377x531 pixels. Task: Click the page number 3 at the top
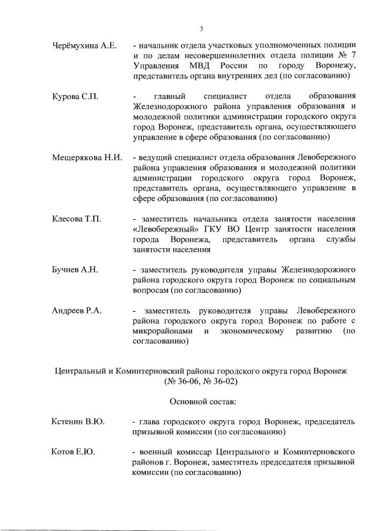click(x=200, y=29)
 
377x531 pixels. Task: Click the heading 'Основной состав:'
click(x=203, y=401)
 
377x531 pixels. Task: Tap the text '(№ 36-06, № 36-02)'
click(x=202, y=381)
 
